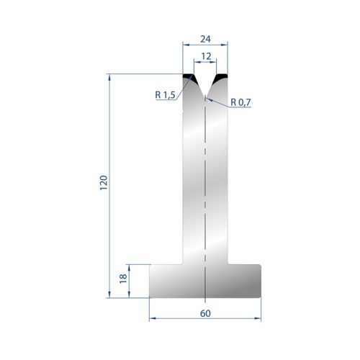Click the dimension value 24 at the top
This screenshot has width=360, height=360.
click(x=205, y=39)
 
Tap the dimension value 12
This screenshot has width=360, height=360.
click(x=206, y=56)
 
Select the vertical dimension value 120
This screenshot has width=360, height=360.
click(x=104, y=183)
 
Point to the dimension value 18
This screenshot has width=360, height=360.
click(x=123, y=279)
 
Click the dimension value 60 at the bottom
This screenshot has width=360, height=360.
click(x=205, y=313)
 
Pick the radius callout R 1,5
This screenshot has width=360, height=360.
click(x=165, y=95)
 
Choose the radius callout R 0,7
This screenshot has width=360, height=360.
click(x=240, y=102)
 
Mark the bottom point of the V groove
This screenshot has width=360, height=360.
click(x=205, y=96)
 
